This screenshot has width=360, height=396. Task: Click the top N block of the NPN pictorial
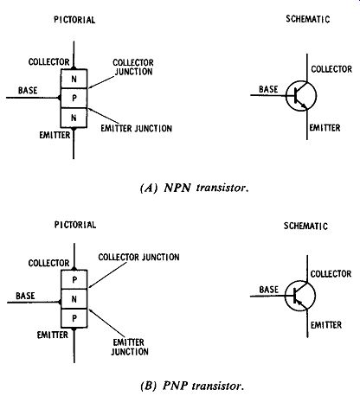[74, 79]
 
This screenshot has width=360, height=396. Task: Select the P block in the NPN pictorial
[74, 98]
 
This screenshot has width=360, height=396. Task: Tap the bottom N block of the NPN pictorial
[74, 118]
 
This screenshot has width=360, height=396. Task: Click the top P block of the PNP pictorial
[74, 279]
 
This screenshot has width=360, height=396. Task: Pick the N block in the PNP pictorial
[74, 299]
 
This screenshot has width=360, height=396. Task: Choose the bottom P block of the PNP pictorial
[74, 318]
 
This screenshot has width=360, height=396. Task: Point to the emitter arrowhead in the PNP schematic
[299, 302]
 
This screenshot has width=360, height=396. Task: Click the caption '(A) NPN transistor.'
[194, 188]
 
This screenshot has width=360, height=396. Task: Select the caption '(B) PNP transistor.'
[192, 386]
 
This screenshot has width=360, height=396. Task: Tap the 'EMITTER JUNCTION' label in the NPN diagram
[137, 129]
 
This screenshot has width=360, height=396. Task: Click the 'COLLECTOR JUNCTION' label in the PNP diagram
[138, 257]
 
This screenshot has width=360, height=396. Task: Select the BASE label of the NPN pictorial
[28, 91]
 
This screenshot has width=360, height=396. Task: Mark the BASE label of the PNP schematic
[269, 290]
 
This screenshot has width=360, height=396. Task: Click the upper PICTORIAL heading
[74, 20]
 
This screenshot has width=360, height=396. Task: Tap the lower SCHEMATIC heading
[305, 226]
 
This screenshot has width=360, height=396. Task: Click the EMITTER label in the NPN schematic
[325, 128]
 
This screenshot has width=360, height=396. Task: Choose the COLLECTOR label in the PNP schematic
[331, 274]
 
